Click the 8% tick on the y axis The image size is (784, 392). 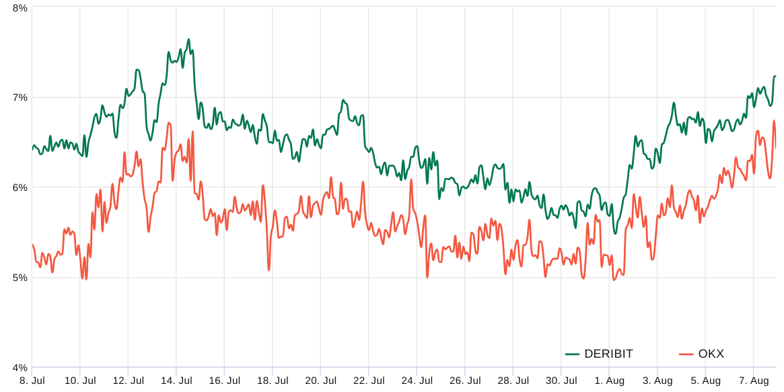[x=20, y=8]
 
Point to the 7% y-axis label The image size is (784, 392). [x=20, y=97]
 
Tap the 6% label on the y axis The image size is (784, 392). [x=20, y=188]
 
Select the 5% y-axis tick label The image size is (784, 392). [x=20, y=278]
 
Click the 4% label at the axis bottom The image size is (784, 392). [x=20, y=368]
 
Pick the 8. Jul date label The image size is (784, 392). [x=32, y=381]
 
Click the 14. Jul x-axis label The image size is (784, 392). [x=176, y=381]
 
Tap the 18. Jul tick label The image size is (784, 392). [x=273, y=381]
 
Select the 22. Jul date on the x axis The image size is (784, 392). [x=369, y=381]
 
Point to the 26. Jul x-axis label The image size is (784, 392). [x=465, y=381]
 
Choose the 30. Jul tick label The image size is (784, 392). [x=561, y=381]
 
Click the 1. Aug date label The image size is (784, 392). [x=609, y=381]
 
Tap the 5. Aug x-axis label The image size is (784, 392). [x=705, y=381]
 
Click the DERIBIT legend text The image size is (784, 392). [x=608, y=354]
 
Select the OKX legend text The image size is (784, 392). [x=711, y=354]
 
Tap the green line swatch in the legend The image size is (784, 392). [x=573, y=354]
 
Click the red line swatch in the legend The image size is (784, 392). [x=686, y=354]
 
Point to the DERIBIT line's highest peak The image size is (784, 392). [x=188, y=39]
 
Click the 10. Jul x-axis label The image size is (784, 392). [x=80, y=381]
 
